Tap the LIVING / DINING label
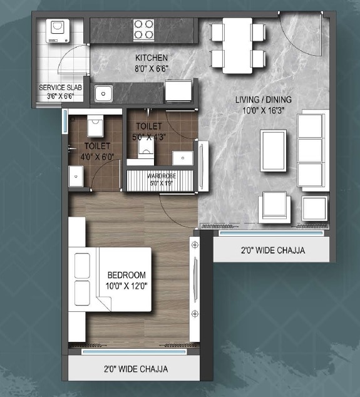click(263, 100)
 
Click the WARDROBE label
click(162, 176)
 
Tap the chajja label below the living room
click(273, 250)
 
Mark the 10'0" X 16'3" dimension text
click(263, 110)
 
